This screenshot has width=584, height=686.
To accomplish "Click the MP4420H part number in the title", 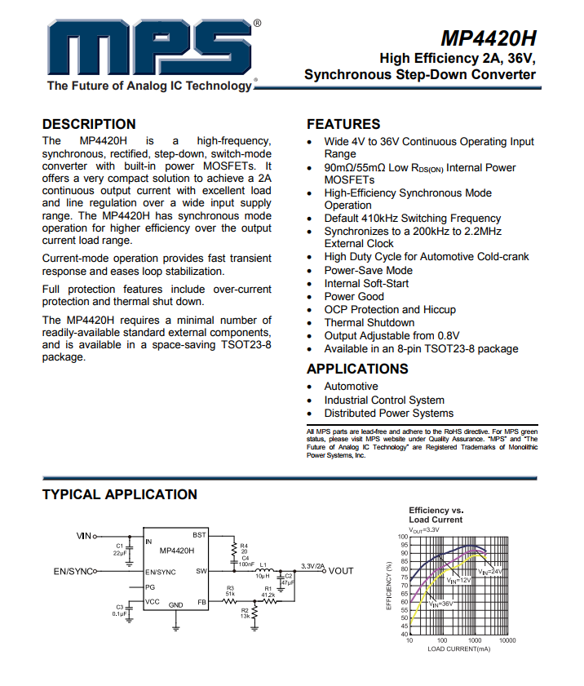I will pyautogui.click(x=489, y=39).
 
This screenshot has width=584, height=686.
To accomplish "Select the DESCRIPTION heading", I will pyautogui.click(x=89, y=124).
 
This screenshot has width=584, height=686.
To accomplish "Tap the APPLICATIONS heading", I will pyautogui.click(x=357, y=369).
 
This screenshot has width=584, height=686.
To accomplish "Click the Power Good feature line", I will pyautogui.click(x=353, y=296).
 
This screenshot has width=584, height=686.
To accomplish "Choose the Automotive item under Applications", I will pyautogui.click(x=351, y=387).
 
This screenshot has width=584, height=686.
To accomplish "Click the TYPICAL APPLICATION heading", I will pyautogui.click(x=119, y=494).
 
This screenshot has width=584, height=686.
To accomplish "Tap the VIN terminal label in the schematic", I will pyautogui.click(x=83, y=536).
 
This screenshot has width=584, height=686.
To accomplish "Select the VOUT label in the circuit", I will pyautogui.click(x=341, y=571).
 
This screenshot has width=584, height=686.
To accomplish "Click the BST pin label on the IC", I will pyautogui.click(x=199, y=535).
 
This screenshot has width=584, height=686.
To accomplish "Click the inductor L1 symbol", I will pyautogui.click(x=263, y=571).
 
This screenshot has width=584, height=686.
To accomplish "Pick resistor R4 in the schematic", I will pyautogui.click(x=234, y=549).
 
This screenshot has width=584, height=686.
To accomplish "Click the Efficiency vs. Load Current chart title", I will pyautogui.click(x=436, y=515).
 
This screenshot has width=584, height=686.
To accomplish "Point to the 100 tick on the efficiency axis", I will pyautogui.click(x=402, y=537).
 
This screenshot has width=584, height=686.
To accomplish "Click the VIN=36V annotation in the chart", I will pyautogui.click(x=440, y=604).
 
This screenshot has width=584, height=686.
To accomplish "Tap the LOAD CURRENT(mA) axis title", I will pyautogui.click(x=458, y=649).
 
